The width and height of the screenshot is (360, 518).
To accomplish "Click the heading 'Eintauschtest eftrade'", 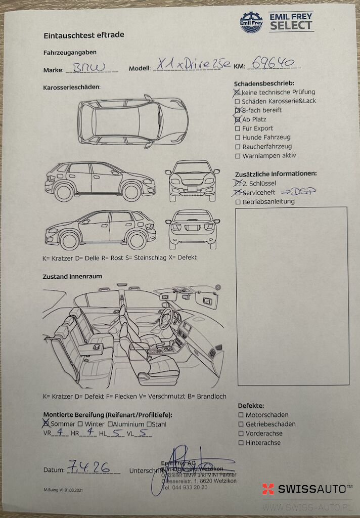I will (84, 35).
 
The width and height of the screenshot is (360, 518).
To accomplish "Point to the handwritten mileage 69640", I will (273, 62).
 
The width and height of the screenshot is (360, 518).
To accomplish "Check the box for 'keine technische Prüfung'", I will (237, 93).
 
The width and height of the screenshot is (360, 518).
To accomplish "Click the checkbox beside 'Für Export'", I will (238, 128).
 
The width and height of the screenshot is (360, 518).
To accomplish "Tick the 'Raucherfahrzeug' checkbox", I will (238, 147).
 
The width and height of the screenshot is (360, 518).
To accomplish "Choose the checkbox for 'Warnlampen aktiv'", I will (238, 156).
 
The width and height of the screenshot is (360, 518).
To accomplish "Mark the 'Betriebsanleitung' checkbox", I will (238, 202).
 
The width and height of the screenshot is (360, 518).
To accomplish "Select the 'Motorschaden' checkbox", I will (241, 415).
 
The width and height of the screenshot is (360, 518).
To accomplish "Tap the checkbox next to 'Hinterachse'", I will (241, 443).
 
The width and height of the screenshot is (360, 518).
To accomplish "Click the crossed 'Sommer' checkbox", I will (46, 423).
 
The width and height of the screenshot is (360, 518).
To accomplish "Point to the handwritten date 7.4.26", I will (88, 467).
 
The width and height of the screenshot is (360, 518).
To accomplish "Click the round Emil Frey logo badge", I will (251, 23).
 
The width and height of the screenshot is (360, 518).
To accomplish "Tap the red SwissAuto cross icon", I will (268, 489).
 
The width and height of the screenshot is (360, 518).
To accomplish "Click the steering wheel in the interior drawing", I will (166, 318).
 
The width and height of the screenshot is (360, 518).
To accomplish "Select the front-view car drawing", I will (192, 180).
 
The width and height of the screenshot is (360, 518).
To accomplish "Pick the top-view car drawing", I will (133, 121).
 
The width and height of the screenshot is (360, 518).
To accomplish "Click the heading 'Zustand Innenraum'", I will (73, 277).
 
